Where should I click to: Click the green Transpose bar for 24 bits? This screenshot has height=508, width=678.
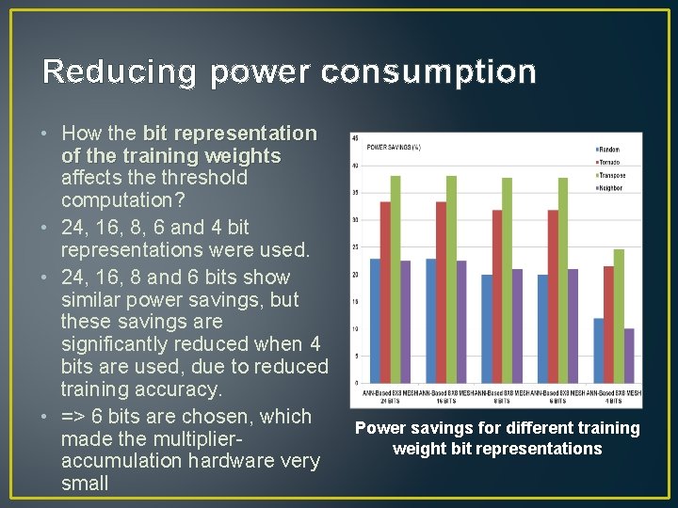coord(395,279)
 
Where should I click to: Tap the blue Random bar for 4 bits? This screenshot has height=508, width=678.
coord(598,350)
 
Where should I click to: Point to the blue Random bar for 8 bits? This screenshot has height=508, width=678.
coord(487,328)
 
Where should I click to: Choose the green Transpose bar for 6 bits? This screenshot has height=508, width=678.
coord(563,280)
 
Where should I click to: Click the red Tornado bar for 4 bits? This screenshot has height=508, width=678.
coord(608,325)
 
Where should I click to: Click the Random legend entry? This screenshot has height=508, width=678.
coord(607,150)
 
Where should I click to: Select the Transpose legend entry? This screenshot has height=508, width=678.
coord(610,175)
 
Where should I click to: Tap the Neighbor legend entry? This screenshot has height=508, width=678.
coord(609,188)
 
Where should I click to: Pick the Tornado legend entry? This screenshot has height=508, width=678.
coord(609,163)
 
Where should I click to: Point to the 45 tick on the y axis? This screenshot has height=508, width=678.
coord(354,139)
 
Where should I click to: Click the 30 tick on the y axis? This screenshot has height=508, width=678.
coord(354,220)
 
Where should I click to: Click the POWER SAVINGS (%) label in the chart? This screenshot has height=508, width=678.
coord(393,147)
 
